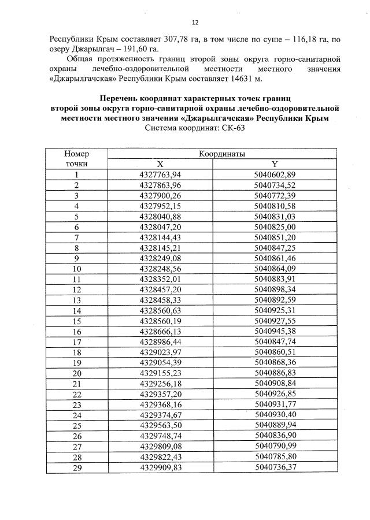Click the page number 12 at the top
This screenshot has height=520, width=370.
pyautogui.click(x=195, y=23)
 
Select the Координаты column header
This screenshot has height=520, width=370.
pyautogui.click(x=222, y=154)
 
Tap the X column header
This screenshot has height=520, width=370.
pyautogui.click(x=160, y=164)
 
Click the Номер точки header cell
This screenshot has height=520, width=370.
pyautogui.click(x=76, y=159)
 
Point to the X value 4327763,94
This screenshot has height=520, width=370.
pyautogui.click(x=160, y=174)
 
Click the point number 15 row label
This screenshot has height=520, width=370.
pyautogui.click(x=76, y=321)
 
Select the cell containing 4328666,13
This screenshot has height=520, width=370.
pyautogui.click(x=160, y=331)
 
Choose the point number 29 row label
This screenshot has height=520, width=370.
pyautogui.click(x=76, y=467)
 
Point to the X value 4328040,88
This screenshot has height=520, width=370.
pyautogui.click(x=160, y=216)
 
